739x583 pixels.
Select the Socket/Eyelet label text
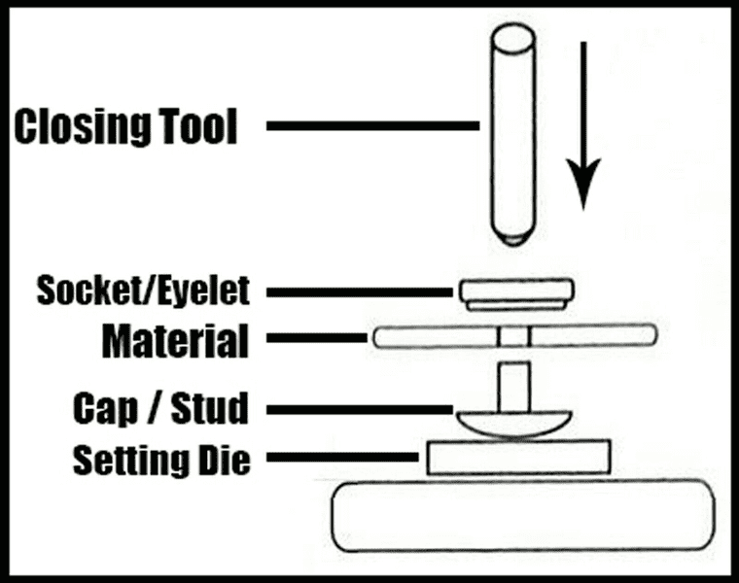coord(143,290)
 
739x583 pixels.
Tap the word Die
coord(227,459)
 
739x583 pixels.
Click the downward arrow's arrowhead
coord(583,189)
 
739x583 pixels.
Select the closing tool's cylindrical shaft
coord(512,126)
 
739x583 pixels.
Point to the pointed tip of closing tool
coord(512,236)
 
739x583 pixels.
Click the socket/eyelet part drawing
coord(514,293)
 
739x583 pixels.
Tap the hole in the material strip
coord(514,337)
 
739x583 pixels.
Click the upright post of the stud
coord(513,386)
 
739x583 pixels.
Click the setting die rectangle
coord(518,458)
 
